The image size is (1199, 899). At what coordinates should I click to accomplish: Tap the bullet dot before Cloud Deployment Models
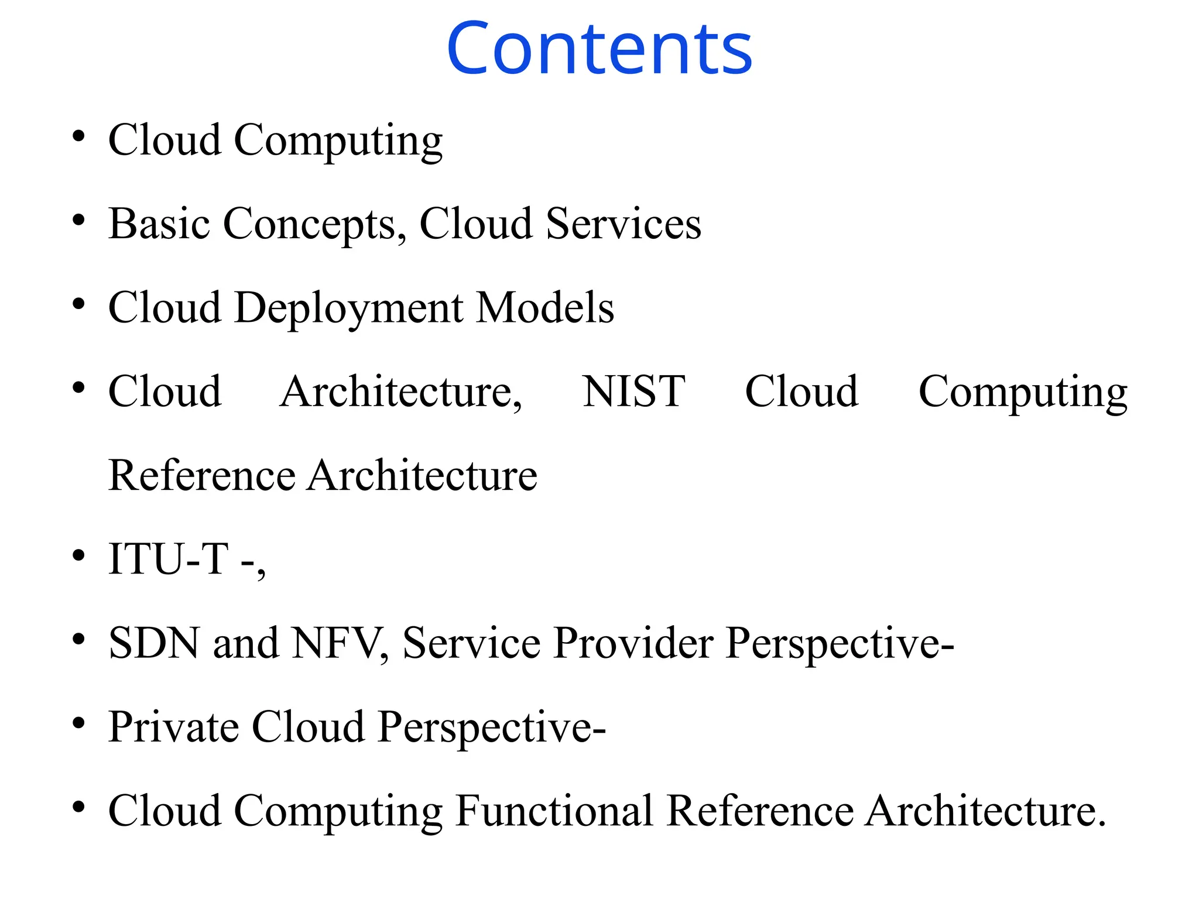78,304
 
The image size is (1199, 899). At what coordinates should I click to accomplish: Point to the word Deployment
349,308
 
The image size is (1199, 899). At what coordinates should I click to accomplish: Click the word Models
545,308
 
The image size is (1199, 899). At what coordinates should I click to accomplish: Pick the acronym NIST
633,392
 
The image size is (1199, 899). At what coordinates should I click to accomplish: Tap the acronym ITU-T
169,559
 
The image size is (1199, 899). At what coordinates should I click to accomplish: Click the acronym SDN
154,643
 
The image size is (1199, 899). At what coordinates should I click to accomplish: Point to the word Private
173,727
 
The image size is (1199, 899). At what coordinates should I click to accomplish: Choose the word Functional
554,811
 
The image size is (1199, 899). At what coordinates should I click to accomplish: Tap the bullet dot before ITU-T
78,555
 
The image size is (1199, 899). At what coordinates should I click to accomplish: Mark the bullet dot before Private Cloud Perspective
78,723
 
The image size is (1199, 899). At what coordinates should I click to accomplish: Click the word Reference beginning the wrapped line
202,475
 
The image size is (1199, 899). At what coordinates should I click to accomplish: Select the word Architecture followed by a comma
400,392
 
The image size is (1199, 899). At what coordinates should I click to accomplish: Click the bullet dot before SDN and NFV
78,639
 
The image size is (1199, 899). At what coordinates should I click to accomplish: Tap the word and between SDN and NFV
245,643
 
